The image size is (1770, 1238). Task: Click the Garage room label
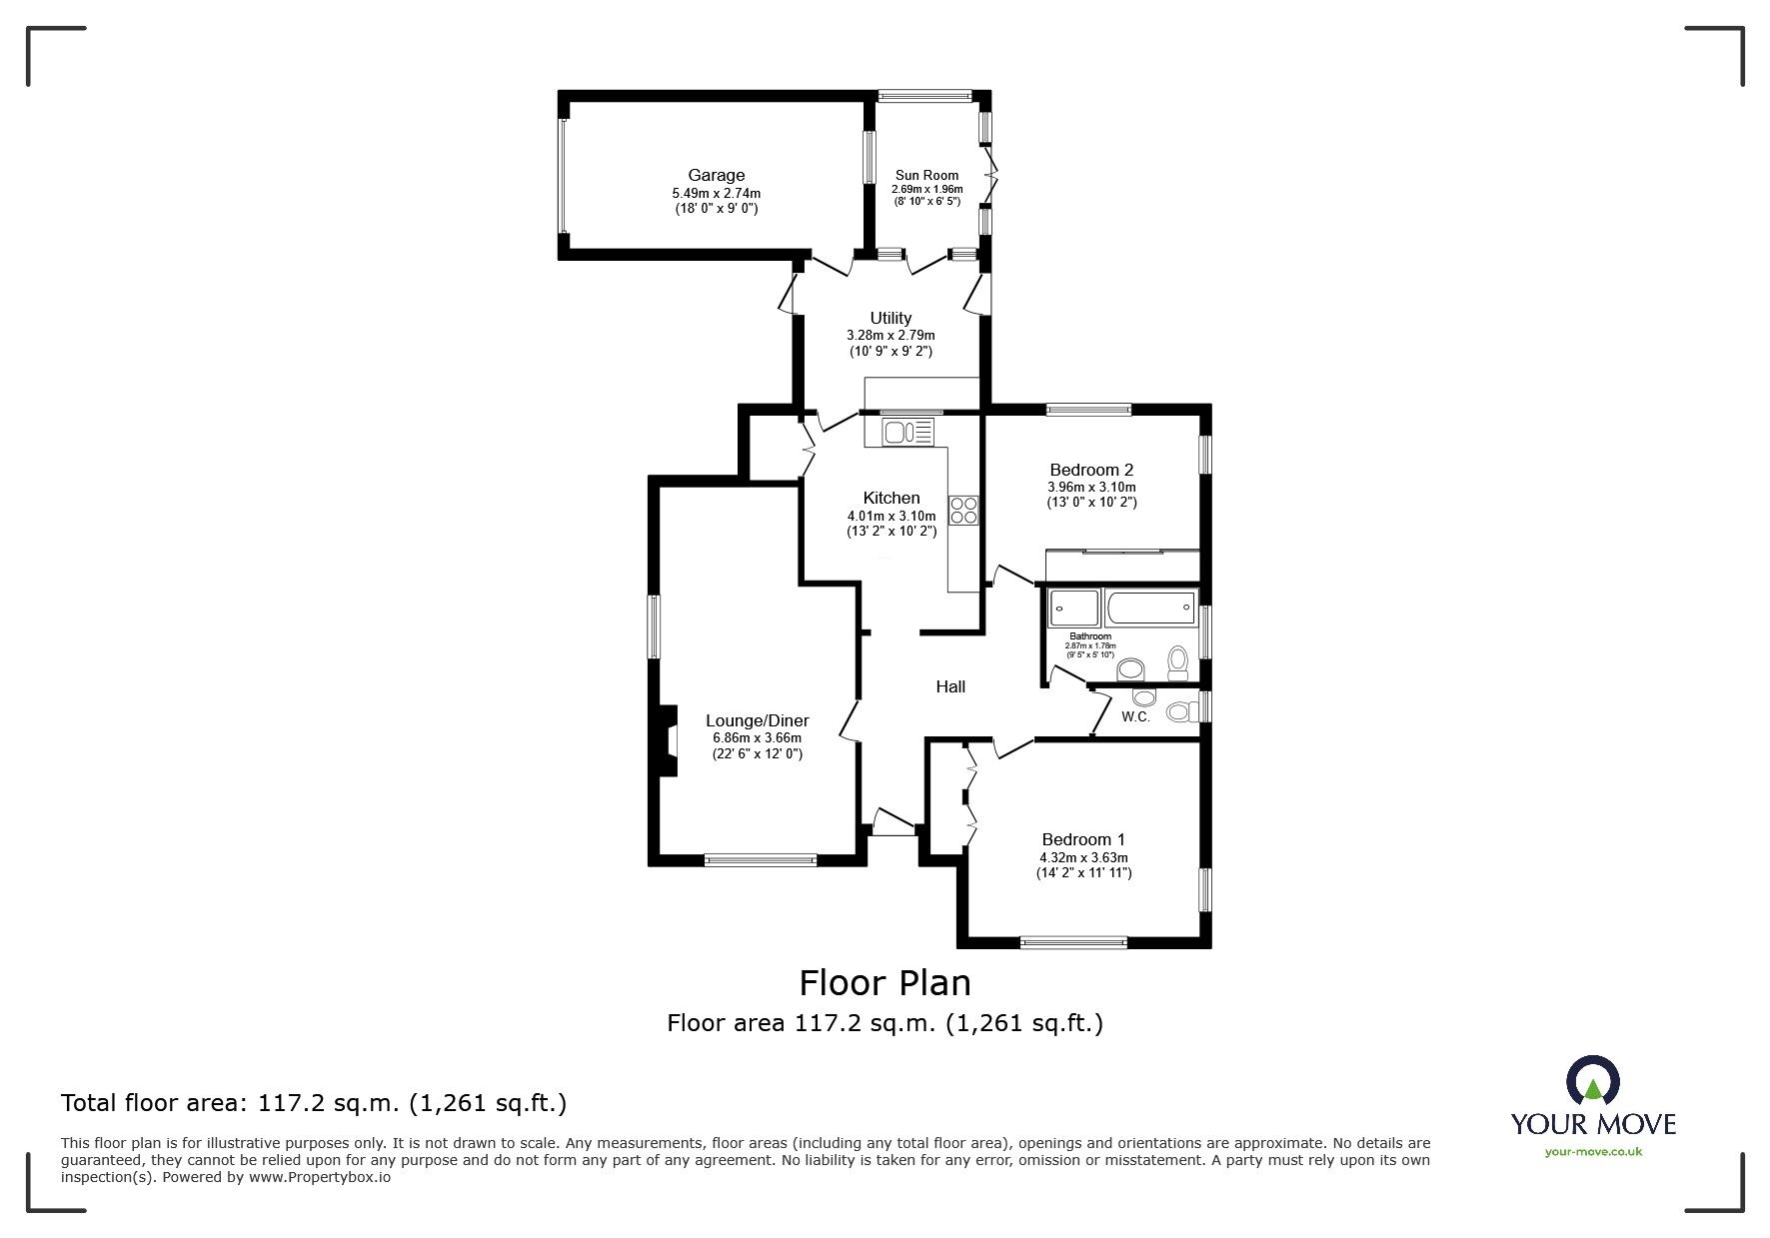[716, 176]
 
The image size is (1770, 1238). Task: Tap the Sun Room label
[926, 176]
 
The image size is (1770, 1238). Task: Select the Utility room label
[889, 319]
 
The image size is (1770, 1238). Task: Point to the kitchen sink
[906, 432]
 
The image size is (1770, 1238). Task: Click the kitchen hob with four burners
[963, 511]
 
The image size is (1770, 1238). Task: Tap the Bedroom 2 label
[1091, 470]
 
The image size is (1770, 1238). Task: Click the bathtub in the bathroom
[1150, 608]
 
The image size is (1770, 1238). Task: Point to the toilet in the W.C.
[1181, 712]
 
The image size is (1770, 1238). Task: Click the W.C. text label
[1135, 716]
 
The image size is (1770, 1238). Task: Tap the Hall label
[950, 686]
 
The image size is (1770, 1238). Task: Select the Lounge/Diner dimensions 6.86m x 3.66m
[757, 738]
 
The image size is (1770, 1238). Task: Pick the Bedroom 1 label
[1083, 839]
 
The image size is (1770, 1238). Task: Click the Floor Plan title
[885, 983]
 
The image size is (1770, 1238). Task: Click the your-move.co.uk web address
[1593, 1152]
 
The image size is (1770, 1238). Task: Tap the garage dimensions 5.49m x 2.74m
[716, 194]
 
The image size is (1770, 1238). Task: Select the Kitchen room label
[891, 498]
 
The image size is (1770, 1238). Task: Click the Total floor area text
[314, 1103]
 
